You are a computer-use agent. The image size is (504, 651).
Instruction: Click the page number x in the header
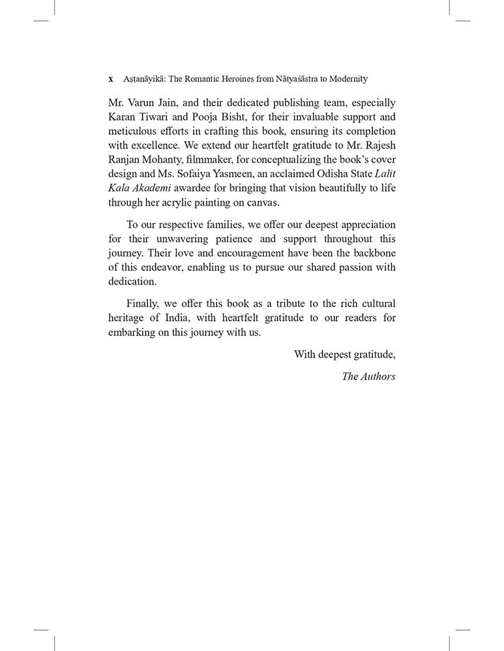pyautogui.click(x=111, y=79)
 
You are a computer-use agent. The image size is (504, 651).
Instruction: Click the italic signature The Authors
pyautogui.click(x=368, y=376)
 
